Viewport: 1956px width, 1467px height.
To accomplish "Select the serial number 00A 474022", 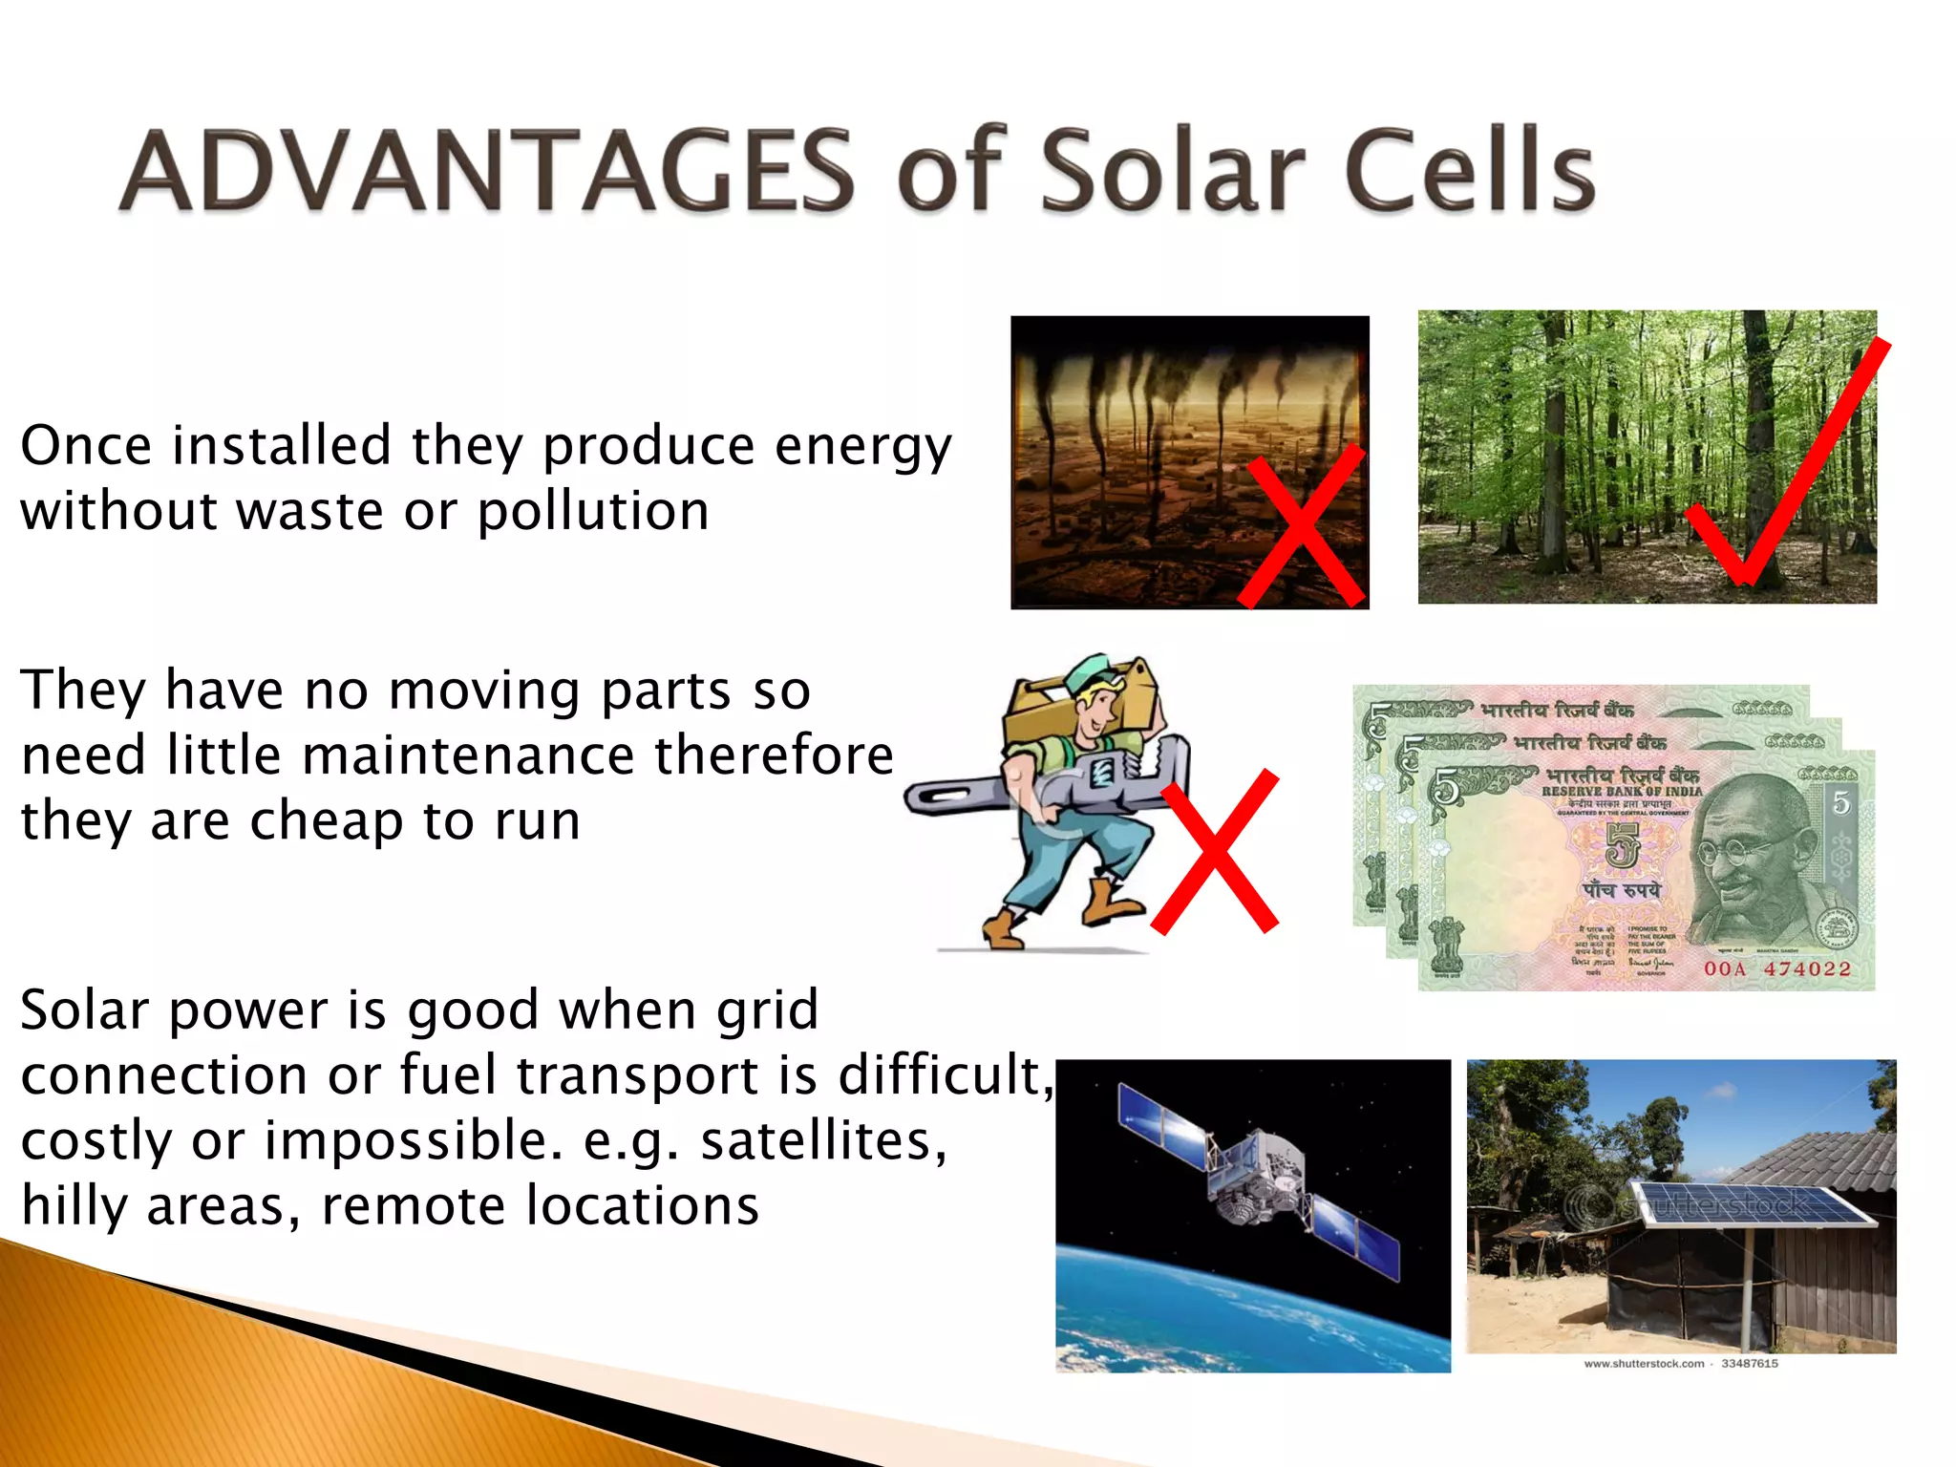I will coord(1776,968).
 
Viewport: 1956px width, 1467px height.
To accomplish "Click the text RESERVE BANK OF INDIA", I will coord(1622,791).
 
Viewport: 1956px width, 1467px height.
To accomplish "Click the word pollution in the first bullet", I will coord(593,512).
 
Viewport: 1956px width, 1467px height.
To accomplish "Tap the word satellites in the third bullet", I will coord(823,1141).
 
